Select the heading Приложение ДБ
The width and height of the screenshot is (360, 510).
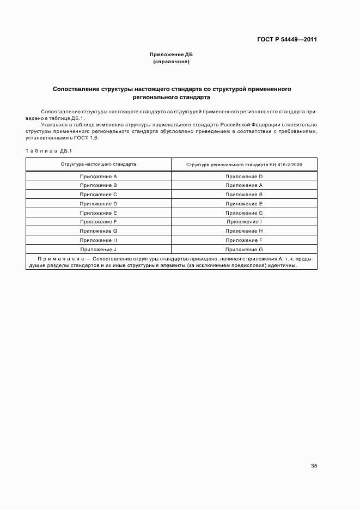tap(171, 55)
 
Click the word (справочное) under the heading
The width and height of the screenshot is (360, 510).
tap(171, 62)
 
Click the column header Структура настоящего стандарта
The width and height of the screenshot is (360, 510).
tap(99, 164)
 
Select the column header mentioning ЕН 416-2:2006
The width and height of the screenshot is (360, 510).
tap(244, 165)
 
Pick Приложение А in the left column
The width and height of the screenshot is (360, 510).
tap(99, 177)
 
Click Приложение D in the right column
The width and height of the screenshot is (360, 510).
tap(244, 177)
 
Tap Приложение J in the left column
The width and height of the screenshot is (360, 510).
tap(99, 250)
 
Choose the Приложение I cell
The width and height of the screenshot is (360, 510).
tap(244, 222)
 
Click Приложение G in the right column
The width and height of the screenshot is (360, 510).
tap(244, 250)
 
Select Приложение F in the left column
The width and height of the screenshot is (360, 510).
tap(99, 222)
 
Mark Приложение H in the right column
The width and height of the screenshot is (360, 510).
tap(244, 231)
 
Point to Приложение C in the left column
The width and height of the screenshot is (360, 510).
tap(99, 195)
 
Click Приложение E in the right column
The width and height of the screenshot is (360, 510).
tap(244, 204)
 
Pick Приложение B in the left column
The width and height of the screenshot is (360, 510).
tap(99, 185)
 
